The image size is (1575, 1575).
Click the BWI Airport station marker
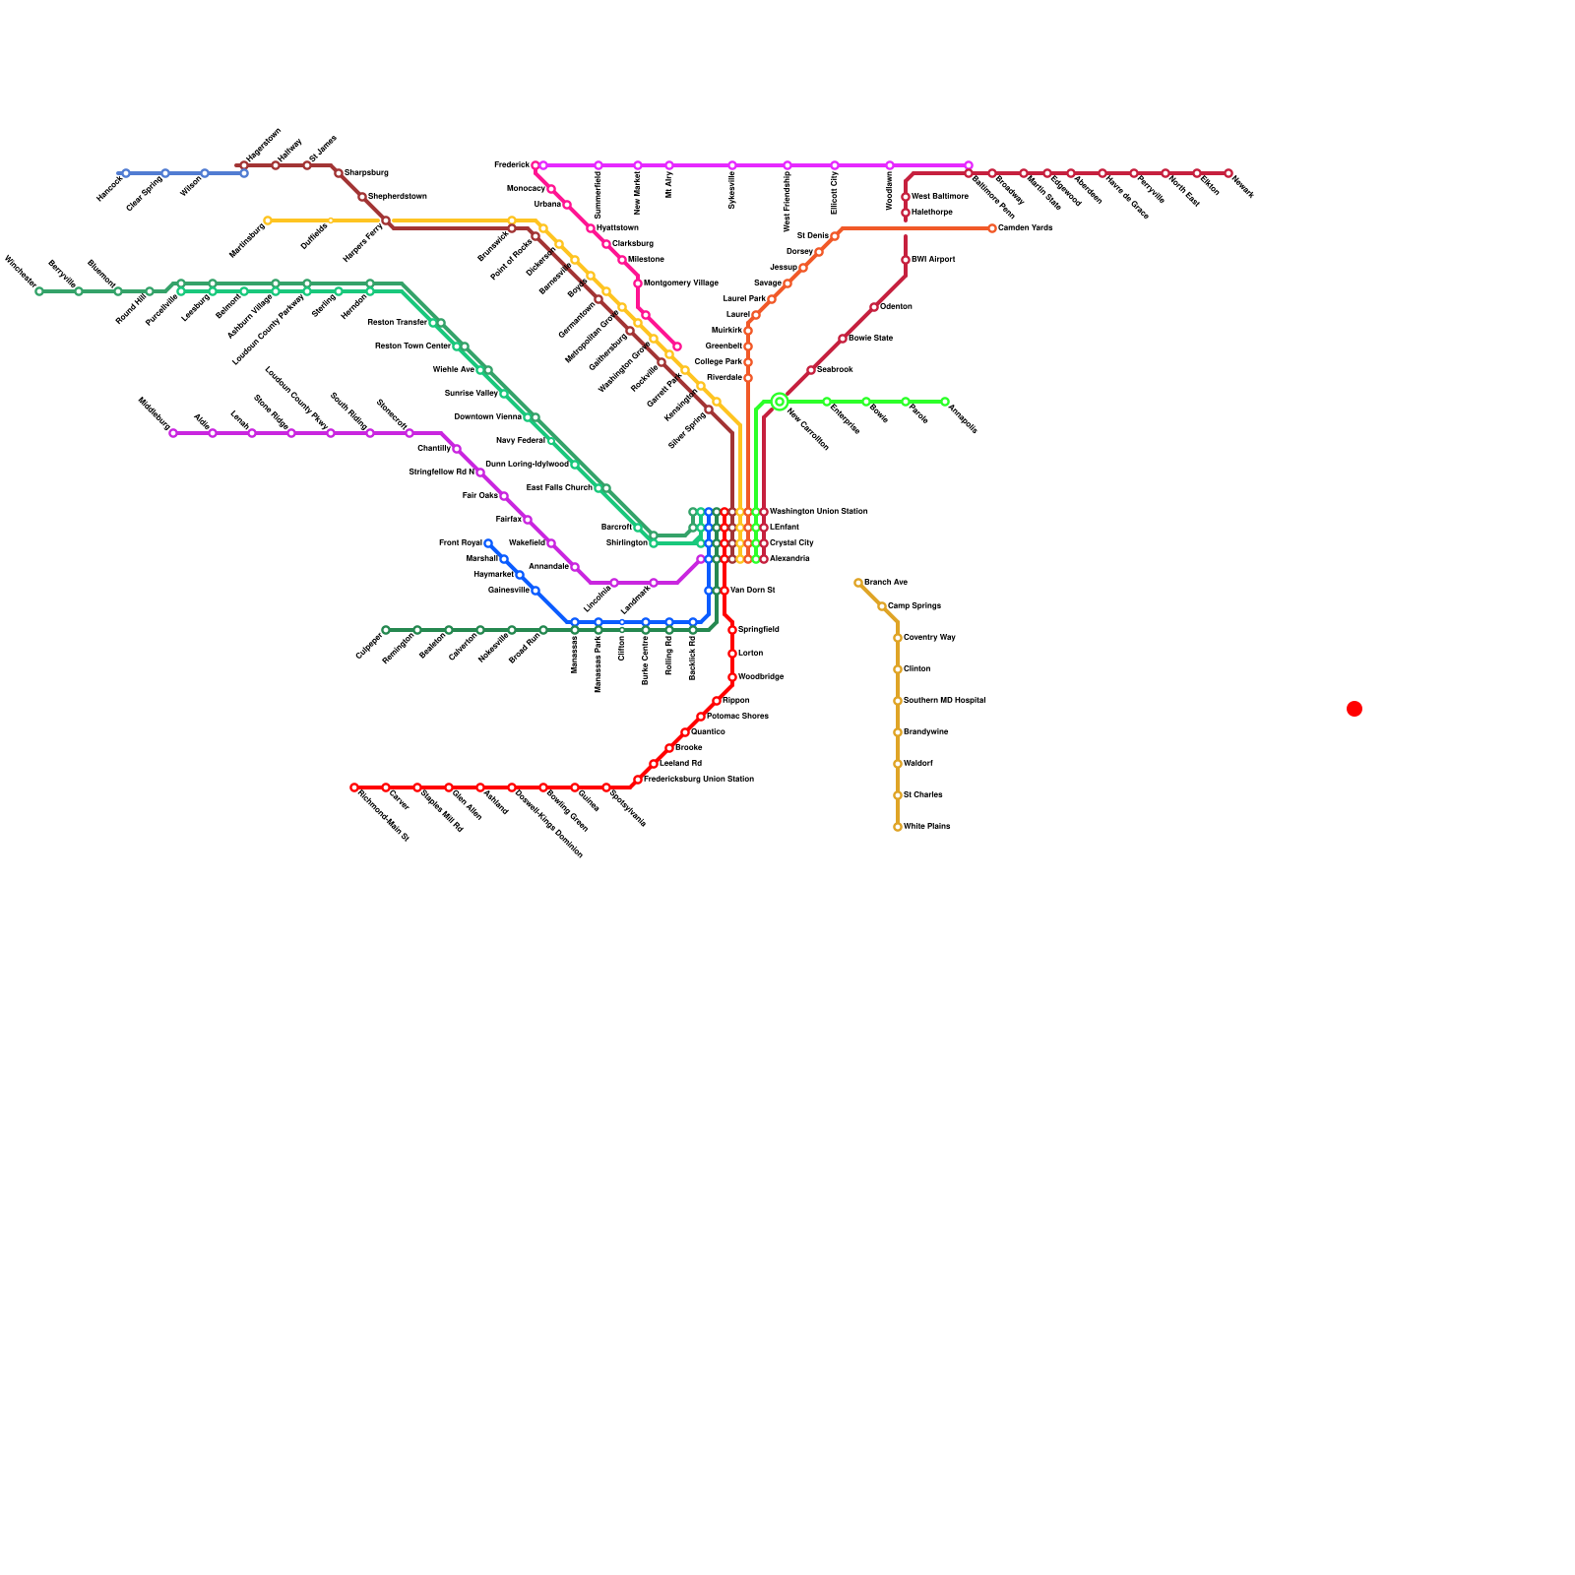pos(906,260)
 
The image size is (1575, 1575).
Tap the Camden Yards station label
pos(1025,228)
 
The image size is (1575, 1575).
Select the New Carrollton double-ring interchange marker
pos(780,402)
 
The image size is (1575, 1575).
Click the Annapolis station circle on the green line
pos(945,402)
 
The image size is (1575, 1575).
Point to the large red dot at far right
pos(1354,709)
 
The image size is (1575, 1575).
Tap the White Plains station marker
pos(898,827)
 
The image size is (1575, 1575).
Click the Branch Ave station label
pos(886,583)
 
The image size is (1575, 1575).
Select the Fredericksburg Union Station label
pos(699,780)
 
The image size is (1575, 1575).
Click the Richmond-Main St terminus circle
pos(354,787)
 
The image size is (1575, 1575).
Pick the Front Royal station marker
pos(488,543)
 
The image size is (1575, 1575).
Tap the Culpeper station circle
pos(386,630)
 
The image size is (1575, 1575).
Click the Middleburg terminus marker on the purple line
pos(173,433)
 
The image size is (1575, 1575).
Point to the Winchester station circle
pos(39,291)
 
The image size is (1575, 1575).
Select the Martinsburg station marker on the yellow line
pos(268,220)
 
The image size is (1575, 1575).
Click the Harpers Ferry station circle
pos(386,220)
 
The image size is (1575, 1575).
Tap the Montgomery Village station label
pos(680,283)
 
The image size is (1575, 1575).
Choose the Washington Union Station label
pos(818,512)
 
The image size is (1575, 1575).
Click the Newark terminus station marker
pos(1228,173)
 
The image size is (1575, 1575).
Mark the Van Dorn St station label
pos(753,591)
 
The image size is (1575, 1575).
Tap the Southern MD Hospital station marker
pos(898,701)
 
